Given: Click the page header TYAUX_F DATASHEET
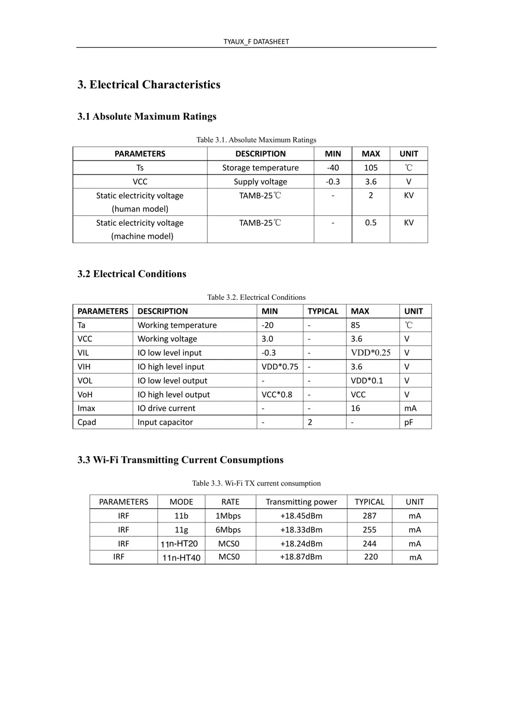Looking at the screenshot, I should (256, 41).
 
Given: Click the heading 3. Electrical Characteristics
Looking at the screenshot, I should (149, 84).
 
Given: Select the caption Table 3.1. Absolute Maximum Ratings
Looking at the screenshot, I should (256, 140).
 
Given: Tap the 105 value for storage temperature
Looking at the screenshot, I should (370, 168).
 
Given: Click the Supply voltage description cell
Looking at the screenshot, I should (260, 182).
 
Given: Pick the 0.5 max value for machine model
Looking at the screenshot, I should (370, 223).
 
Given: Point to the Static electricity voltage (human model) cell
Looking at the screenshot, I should (140, 202).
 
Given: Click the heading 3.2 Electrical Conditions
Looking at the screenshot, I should (132, 274).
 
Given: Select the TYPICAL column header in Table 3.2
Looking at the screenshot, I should (323, 311).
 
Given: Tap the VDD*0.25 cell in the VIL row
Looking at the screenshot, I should (370, 353).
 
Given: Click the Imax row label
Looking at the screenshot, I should (87, 408).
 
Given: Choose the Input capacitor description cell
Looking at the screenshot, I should (165, 422).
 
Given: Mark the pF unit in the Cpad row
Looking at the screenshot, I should (409, 422).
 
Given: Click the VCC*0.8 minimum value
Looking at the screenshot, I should (277, 395).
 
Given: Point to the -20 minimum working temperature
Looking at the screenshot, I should (267, 325).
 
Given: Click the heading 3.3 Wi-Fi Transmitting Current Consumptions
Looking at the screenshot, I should (180, 460).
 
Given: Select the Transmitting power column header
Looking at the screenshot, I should (301, 502).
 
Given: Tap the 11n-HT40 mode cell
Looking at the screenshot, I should (181, 558).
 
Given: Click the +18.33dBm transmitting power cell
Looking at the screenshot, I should (301, 530).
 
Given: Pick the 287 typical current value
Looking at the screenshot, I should (369, 516).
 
